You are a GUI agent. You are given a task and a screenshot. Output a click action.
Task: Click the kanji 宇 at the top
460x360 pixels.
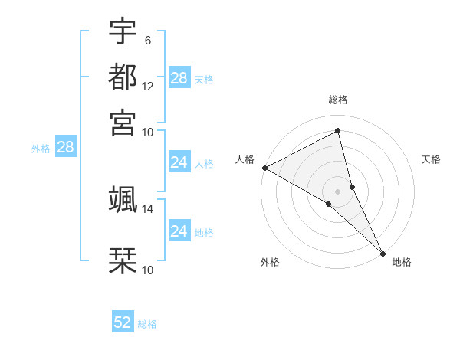123,32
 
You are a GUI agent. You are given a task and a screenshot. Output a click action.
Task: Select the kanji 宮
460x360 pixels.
123,122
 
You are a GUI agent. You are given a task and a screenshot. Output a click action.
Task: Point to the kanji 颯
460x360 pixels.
123,199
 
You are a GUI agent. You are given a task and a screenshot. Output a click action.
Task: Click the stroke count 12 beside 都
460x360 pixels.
148,87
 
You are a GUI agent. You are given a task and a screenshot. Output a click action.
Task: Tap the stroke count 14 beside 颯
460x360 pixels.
148,208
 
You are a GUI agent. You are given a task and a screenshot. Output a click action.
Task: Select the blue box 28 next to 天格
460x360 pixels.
179,78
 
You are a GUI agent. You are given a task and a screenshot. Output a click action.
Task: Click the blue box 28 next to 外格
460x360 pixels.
65,147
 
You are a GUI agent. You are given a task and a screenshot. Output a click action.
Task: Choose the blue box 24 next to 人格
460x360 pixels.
179,162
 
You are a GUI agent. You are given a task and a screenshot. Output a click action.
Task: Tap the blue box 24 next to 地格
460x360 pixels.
179,231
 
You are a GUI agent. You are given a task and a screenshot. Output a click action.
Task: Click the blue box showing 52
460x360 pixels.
123,322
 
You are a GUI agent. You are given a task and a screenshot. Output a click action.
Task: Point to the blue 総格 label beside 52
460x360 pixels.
147,324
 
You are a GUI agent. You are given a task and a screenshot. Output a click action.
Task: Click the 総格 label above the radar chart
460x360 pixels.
338,100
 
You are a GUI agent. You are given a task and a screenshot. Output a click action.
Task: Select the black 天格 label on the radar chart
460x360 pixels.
431,159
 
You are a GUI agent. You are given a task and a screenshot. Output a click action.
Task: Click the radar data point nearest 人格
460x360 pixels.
264,168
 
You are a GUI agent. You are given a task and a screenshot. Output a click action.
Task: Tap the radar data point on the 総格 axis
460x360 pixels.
338,133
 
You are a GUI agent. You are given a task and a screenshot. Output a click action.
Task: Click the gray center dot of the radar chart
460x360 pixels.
338,191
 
